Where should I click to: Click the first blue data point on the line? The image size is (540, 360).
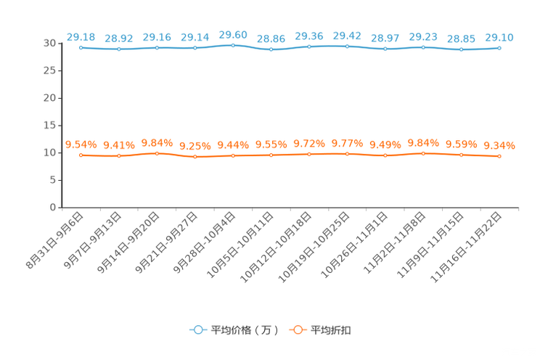coord(81,47)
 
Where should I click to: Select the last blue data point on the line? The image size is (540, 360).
coord(499,48)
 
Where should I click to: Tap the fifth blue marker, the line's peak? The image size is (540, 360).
coord(233,44)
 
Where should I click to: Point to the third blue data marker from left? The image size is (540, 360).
coord(157,48)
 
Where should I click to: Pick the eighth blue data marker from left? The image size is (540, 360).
coord(347,46)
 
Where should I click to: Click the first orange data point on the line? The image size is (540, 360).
coord(81,155)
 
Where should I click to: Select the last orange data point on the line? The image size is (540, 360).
coord(499,156)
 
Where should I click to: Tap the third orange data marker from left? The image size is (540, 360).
coord(157,153)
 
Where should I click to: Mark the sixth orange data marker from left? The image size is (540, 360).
coord(271,155)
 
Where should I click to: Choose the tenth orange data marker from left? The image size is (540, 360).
coord(423,153)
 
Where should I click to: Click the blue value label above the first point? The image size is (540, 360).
coord(81,36)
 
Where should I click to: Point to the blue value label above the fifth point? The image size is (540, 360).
coord(233,33)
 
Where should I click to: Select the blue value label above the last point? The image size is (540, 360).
coord(499,37)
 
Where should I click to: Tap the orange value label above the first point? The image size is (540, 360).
coord(81,144)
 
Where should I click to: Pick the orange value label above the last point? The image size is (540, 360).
coord(499,145)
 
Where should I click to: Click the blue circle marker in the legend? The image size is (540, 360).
coord(197,330)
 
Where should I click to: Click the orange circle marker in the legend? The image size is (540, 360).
coord(296,330)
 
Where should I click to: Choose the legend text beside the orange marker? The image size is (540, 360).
coord(332,330)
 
